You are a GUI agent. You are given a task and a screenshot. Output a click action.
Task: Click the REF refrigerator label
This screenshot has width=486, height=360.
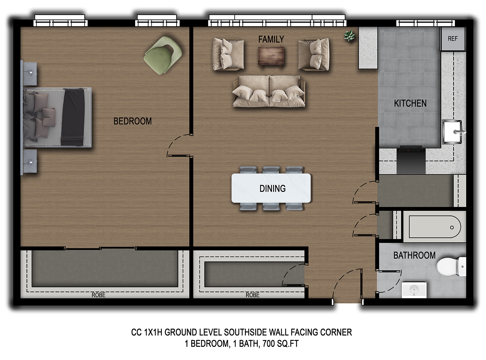(452, 39)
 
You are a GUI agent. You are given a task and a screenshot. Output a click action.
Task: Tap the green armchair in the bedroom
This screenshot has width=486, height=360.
(163, 55)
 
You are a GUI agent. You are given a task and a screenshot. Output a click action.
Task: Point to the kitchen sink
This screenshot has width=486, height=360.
(452, 132)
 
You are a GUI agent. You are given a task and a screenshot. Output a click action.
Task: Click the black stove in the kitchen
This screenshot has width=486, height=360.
(411, 160)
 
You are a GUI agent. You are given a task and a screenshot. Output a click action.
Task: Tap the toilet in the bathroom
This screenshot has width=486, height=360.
(451, 267)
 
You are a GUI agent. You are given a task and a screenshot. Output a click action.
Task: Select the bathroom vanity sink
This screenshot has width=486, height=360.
(414, 290)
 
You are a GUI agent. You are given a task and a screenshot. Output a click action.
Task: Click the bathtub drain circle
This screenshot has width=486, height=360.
(452, 227)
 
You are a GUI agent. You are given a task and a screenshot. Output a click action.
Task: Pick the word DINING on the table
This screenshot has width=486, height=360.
(272, 189)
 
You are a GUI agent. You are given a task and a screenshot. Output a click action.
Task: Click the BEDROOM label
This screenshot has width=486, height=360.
(132, 121)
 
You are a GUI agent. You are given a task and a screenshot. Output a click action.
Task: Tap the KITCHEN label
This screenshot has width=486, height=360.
(410, 103)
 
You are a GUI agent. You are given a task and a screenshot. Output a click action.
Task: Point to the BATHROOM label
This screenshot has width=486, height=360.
(414, 255)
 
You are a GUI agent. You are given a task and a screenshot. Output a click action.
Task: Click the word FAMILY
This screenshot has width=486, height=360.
(271, 39)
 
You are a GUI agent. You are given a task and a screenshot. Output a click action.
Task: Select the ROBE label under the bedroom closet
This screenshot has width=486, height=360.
(98, 295)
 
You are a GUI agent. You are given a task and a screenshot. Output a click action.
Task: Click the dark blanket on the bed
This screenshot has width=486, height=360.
(73, 117)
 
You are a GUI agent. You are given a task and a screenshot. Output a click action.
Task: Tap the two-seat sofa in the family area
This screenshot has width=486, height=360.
(269, 91)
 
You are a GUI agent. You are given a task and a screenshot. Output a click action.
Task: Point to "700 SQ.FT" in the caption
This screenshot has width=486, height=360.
(281, 343)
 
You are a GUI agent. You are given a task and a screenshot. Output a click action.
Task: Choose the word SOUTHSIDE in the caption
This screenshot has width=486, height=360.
(245, 332)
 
